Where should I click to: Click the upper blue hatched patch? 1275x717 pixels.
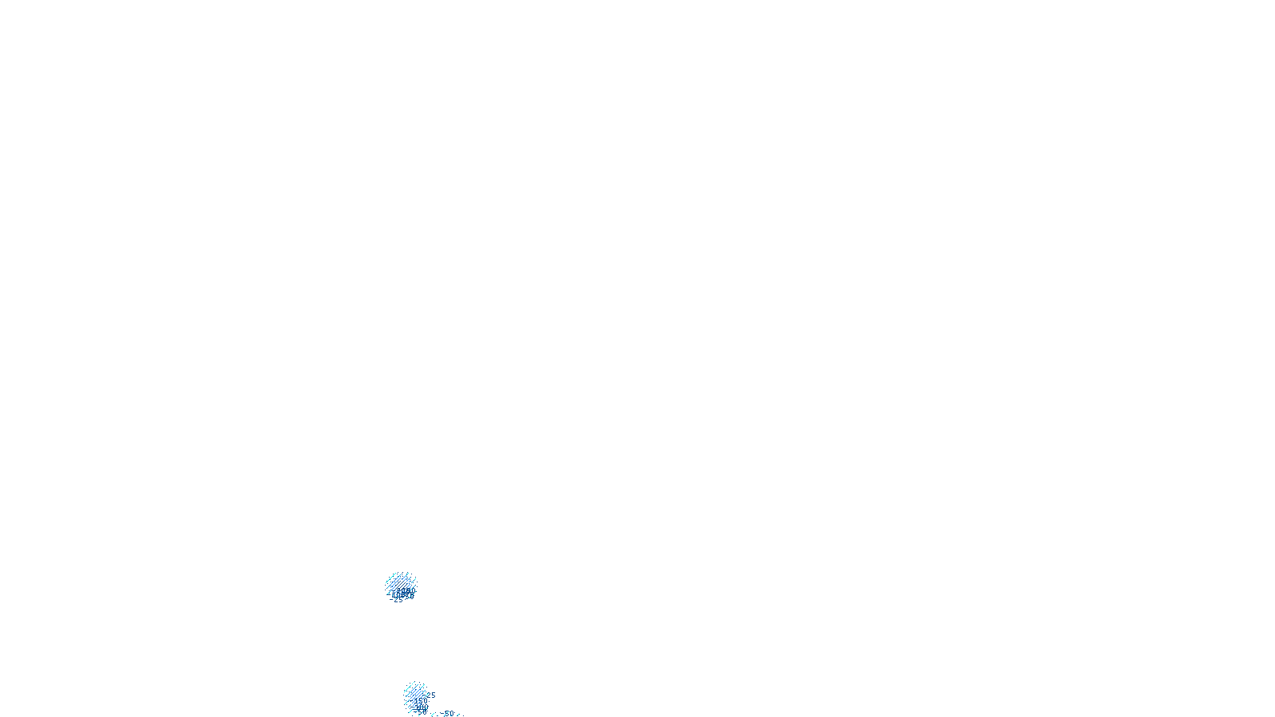click(x=400, y=583)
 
